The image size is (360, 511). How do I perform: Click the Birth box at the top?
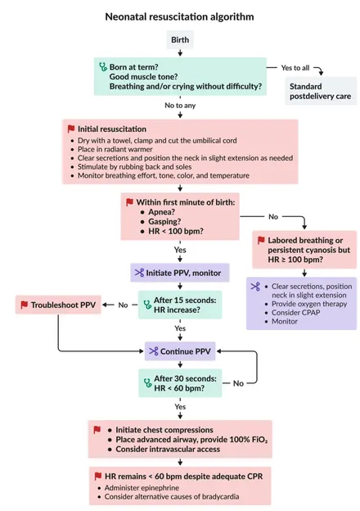tap(180, 40)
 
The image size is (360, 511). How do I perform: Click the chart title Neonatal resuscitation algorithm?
tap(179, 16)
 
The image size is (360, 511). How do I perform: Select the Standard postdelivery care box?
tap(321, 91)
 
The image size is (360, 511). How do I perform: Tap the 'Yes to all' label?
tap(295, 68)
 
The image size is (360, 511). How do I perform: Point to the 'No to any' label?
tap(180, 106)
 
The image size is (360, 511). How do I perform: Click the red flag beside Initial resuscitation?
tap(71, 129)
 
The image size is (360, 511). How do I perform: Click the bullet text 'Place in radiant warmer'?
tap(115, 149)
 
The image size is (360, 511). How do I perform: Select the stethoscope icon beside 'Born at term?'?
tap(103, 67)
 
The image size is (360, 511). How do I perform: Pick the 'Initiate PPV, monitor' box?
tap(180, 273)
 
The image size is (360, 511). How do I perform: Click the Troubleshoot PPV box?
tap(58, 305)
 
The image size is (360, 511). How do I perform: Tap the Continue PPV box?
tap(180, 351)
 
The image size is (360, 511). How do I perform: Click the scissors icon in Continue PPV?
tap(154, 351)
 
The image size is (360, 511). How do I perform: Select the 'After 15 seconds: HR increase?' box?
tap(180, 305)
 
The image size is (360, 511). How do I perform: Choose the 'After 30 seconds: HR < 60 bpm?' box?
tap(180, 383)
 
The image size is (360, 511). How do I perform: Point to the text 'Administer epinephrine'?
tap(142, 488)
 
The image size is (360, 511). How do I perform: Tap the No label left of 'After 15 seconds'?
tap(123, 305)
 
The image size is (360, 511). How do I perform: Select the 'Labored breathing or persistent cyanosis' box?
tap(304, 250)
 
